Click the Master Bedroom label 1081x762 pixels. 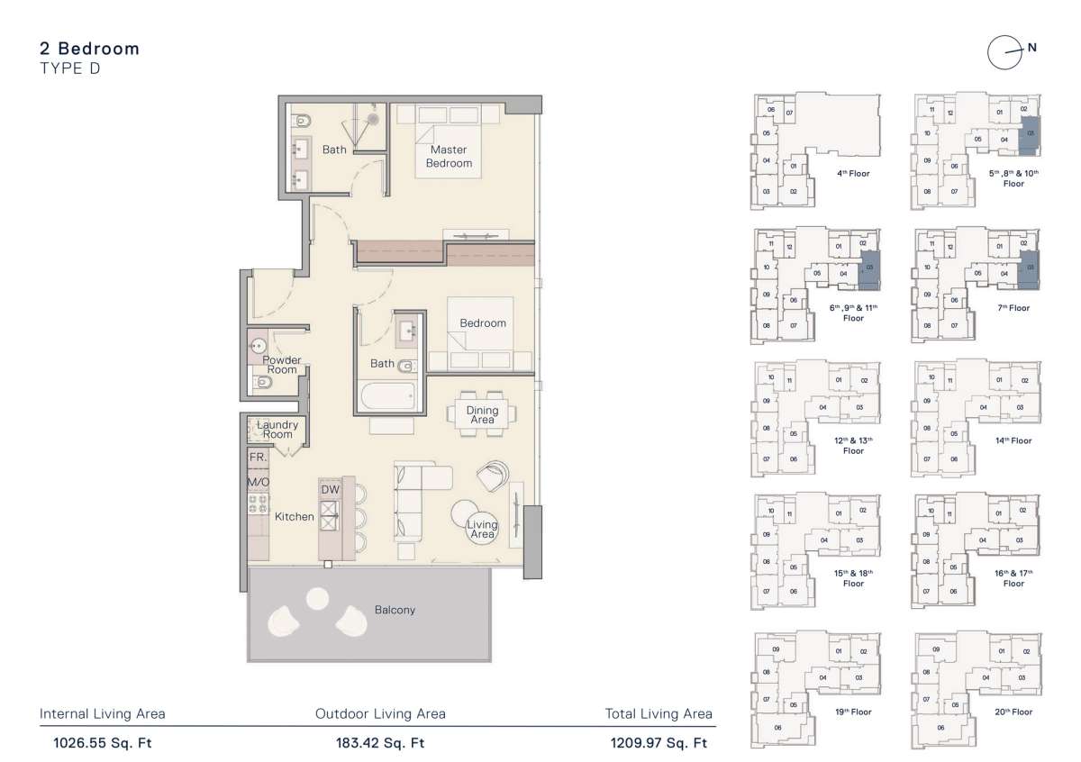point(449,157)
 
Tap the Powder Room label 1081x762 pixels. point(281,365)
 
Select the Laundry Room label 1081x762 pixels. point(277,430)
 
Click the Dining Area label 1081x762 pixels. point(482,415)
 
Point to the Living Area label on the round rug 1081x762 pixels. point(482,529)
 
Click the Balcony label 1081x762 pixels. point(395,610)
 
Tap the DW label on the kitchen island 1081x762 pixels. point(330,489)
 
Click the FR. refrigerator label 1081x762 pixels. point(258,458)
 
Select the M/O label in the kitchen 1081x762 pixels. point(258,482)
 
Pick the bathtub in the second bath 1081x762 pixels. point(386,394)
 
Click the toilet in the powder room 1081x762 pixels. point(262,383)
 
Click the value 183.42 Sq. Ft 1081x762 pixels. point(380,743)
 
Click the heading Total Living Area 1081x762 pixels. point(659,714)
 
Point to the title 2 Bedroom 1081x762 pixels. point(90,49)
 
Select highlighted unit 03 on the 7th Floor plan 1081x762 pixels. point(1031,267)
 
